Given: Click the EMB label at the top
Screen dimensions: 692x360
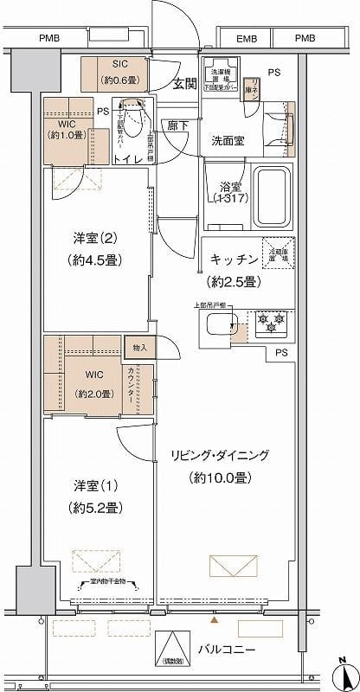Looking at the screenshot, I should (247, 38).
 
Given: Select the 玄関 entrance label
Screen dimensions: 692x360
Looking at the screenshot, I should (183, 83).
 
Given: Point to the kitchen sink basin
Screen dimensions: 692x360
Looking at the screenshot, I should (222, 325).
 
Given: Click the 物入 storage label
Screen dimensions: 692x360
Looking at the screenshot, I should (140, 348).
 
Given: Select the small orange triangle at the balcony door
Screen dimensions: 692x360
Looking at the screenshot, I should (215, 619).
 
